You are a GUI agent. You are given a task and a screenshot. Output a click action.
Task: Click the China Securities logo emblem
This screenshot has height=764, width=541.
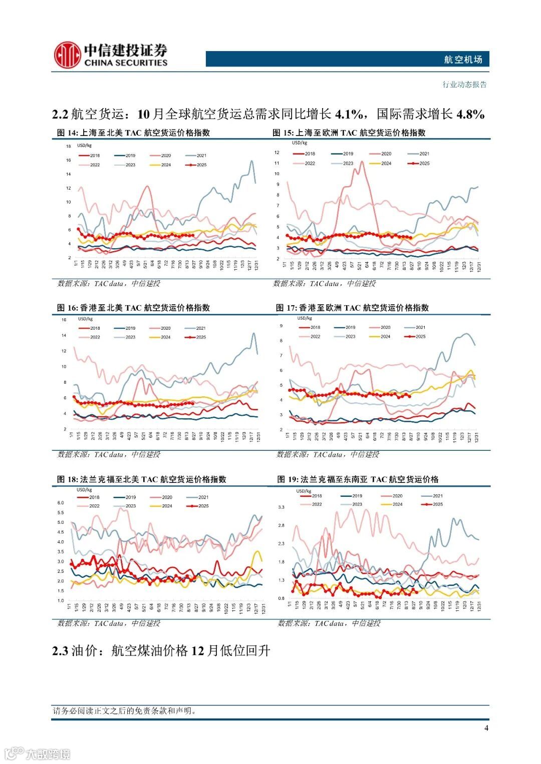click(68, 55)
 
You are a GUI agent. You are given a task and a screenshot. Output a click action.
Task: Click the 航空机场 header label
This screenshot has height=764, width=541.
click(463, 60)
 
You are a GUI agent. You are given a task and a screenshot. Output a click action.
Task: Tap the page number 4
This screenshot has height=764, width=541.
click(486, 727)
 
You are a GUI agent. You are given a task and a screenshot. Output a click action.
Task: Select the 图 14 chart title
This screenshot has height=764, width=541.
click(133, 133)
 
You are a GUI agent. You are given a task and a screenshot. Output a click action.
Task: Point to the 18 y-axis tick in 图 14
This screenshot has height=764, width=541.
click(68, 146)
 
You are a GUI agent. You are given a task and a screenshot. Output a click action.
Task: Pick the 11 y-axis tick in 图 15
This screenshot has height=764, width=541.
click(277, 163)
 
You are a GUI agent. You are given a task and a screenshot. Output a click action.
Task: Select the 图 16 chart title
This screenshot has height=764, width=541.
click(133, 308)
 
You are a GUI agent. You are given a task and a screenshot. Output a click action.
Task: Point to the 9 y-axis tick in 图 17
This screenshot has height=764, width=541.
click(281, 326)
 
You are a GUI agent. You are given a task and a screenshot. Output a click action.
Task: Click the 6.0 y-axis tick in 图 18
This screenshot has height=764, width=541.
click(61, 502)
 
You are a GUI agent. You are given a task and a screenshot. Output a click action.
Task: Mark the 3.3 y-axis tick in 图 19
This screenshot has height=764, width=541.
click(281, 507)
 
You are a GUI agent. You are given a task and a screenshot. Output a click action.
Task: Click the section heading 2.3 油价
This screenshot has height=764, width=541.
click(161, 650)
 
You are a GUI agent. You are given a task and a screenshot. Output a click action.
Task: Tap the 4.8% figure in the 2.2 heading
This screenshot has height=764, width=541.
click(470, 115)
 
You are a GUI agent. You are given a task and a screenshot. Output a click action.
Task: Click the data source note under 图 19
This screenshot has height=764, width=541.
click(329, 623)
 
